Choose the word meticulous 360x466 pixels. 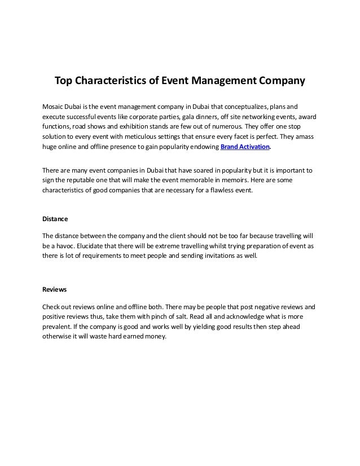pyautogui.click(x=145, y=137)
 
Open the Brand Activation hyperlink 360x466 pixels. pyautogui.click(x=245, y=147)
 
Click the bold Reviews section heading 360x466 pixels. pyautogui.click(x=55, y=289)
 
